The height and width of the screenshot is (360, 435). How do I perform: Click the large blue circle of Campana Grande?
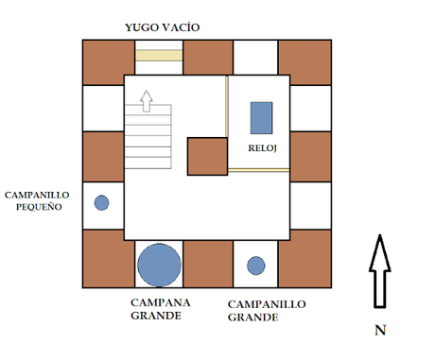click(159, 265)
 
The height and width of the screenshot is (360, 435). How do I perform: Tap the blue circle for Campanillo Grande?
click(256, 266)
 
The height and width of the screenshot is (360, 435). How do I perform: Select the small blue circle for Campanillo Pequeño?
click(101, 202)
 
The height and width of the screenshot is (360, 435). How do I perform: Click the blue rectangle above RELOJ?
click(261, 118)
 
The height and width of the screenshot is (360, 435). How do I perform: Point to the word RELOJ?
click(262, 148)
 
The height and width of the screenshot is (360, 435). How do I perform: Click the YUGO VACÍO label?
click(163, 27)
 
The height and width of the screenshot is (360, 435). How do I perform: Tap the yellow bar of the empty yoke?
click(159, 56)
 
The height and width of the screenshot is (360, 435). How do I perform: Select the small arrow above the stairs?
click(147, 101)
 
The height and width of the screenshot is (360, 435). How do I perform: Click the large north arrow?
click(380, 271)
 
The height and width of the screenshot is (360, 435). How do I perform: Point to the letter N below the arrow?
click(380, 330)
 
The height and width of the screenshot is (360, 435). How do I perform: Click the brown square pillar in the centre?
click(207, 156)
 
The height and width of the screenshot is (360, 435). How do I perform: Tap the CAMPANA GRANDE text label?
click(161, 309)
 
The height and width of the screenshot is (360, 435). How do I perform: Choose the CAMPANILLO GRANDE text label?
click(267, 311)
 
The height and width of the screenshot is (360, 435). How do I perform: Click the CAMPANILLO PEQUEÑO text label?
click(37, 200)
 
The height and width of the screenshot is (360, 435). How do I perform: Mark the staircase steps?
click(148, 136)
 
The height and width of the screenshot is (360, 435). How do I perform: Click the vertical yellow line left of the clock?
click(227, 107)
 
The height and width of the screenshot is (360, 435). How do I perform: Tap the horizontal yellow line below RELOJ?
click(258, 170)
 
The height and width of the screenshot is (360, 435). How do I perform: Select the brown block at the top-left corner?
click(109, 62)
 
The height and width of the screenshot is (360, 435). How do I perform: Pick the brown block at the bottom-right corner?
click(304, 259)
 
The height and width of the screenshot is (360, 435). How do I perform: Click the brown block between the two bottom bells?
click(208, 264)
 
